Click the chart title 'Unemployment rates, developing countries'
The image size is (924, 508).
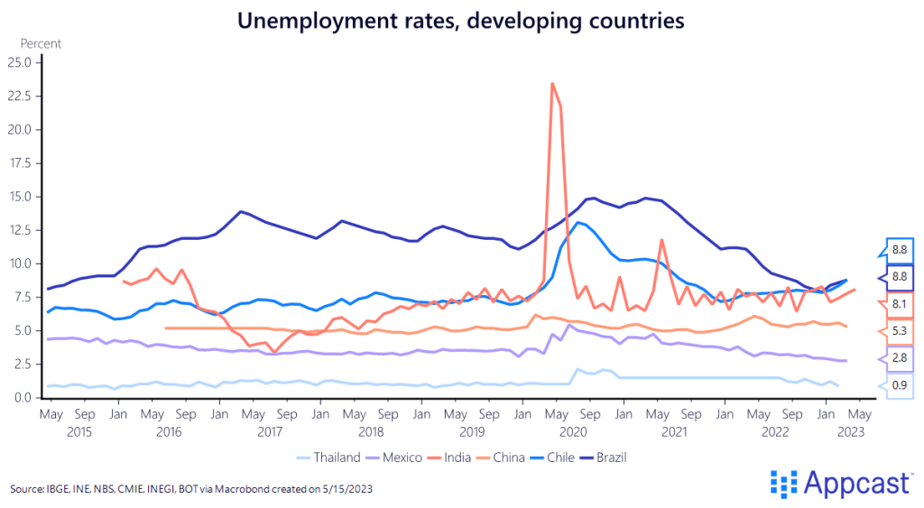click(x=461, y=19)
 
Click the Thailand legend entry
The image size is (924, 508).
click(x=330, y=457)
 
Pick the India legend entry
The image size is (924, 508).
click(x=457, y=457)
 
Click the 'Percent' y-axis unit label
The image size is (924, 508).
click(x=41, y=42)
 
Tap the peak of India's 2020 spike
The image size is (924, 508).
click(x=552, y=84)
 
